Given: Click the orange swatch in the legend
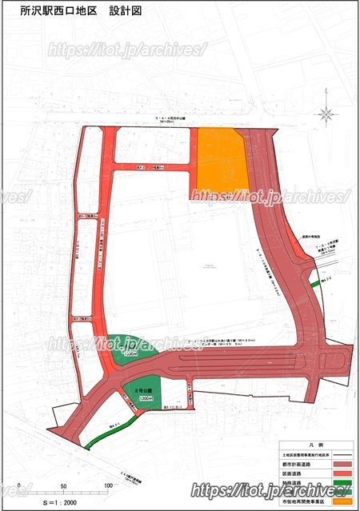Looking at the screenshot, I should [339, 503].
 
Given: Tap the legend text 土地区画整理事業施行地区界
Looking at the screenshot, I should [304, 453].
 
